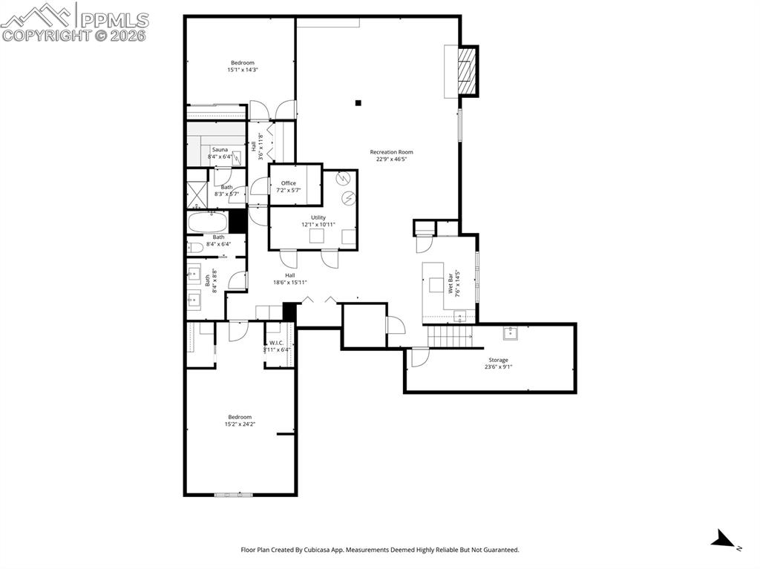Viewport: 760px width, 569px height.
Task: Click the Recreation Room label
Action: [391, 151]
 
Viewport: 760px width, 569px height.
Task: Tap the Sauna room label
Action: [220, 150]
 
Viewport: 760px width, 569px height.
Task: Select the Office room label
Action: [289, 183]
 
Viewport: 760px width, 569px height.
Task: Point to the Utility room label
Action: [318, 217]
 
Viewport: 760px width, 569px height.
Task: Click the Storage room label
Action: [498, 360]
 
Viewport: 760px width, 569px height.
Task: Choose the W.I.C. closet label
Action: [277, 343]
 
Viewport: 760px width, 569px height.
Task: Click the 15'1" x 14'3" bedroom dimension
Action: [243, 70]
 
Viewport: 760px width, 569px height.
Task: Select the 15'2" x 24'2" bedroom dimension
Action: [240, 424]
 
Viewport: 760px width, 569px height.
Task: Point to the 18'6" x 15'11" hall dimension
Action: [290, 283]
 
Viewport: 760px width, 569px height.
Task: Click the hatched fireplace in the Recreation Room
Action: [468, 71]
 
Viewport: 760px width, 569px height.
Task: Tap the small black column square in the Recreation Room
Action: [358, 103]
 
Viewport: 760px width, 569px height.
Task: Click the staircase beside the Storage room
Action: [449, 336]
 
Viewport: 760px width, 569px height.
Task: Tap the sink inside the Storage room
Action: [511, 333]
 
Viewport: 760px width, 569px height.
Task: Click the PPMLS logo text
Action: [114, 20]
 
